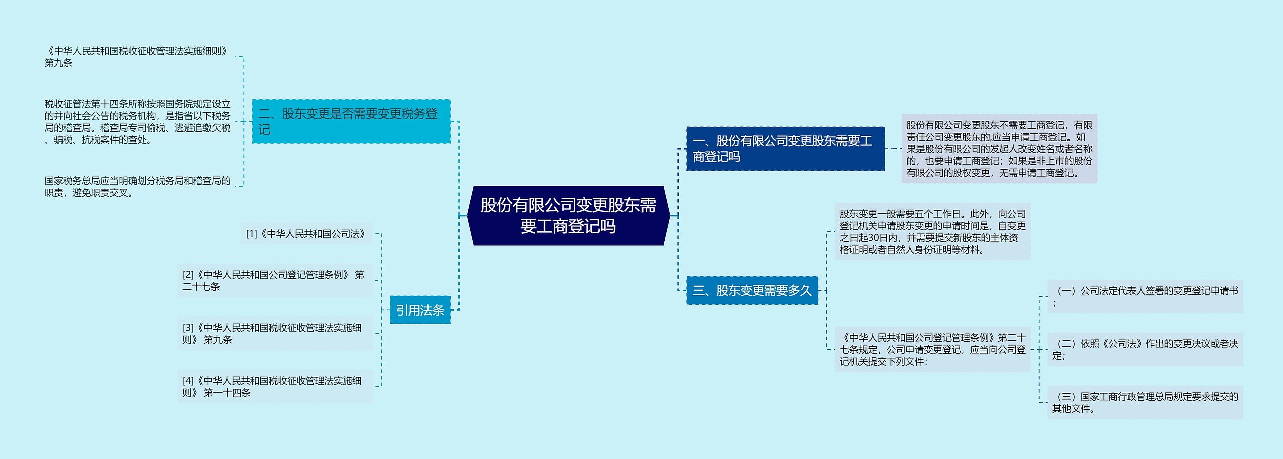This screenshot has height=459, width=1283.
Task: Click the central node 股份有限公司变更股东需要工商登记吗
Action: tap(568, 216)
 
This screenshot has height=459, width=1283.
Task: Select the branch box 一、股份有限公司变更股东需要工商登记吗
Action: tap(785, 149)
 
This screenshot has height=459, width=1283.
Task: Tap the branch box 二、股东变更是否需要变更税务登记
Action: tap(351, 122)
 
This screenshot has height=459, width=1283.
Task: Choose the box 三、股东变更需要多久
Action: tap(752, 290)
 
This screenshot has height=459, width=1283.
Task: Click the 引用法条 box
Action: tap(420, 310)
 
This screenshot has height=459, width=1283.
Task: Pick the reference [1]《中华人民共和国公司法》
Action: tap(307, 234)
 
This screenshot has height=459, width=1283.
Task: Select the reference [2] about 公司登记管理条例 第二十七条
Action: tap(275, 281)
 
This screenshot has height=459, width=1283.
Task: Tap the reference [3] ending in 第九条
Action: tap(275, 334)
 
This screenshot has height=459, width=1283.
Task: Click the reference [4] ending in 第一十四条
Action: tap(275, 387)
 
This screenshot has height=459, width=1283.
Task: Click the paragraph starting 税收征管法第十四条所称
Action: tap(137, 122)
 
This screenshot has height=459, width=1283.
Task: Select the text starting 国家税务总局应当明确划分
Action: tap(137, 187)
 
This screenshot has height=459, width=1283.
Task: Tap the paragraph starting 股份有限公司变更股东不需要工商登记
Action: tap(999, 149)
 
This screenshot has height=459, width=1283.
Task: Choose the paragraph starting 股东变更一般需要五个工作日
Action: tap(933, 232)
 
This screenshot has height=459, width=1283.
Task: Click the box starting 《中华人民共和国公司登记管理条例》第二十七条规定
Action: tap(933, 349)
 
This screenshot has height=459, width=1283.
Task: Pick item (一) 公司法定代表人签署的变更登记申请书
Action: tap(1145, 296)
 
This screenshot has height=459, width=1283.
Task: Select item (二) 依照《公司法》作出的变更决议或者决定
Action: tap(1145, 349)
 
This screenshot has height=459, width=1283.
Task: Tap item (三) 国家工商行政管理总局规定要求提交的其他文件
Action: tap(1145, 402)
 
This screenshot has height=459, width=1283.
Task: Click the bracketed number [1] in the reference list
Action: tap(251, 234)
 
